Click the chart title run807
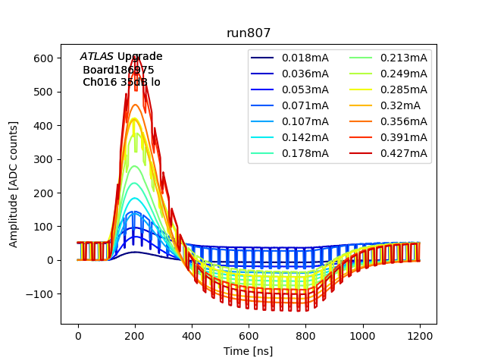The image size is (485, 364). pos(249,33)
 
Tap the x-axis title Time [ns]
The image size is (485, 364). pos(249,351)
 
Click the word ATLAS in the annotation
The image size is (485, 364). pos(97,57)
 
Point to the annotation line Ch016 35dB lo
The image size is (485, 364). pos(121,82)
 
